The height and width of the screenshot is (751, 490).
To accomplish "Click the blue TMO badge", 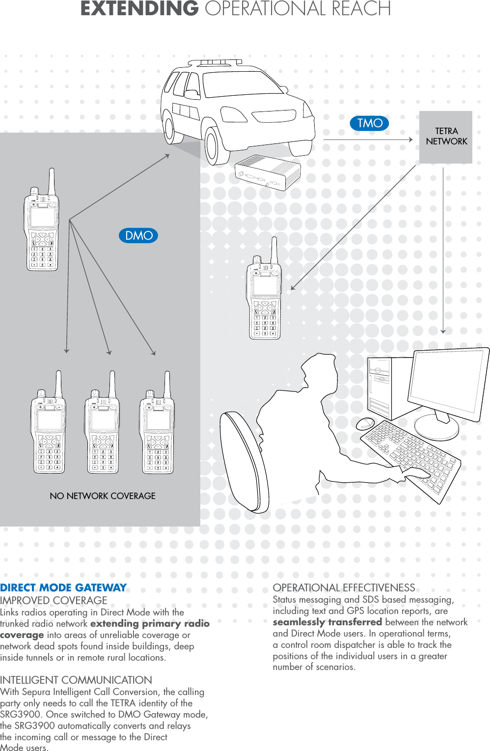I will click(x=369, y=123).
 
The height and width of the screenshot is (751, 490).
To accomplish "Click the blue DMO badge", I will click(x=138, y=236).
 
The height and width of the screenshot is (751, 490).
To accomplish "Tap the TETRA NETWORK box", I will click(x=446, y=137).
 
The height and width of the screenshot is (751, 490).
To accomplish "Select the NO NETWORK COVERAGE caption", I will click(x=103, y=496).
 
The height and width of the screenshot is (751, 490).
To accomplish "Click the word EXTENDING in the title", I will click(x=139, y=9).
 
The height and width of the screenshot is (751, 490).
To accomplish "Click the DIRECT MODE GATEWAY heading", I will click(x=63, y=588).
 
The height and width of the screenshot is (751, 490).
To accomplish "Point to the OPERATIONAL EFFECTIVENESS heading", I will click(x=344, y=588).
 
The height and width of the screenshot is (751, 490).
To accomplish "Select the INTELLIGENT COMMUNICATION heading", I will click(x=76, y=680).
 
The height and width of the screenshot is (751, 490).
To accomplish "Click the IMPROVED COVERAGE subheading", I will click(x=54, y=601).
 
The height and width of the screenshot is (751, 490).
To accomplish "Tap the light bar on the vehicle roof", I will click(x=215, y=63).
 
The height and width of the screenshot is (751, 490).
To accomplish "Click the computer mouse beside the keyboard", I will click(x=365, y=423).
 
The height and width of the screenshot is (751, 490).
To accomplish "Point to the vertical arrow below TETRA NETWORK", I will click(x=443, y=250).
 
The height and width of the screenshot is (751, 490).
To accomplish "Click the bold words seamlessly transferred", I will click(x=327, y=622).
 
